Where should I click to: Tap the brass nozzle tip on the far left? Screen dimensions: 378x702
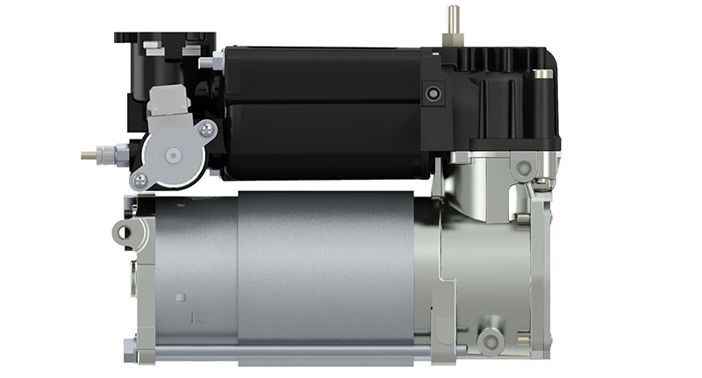point(87,154)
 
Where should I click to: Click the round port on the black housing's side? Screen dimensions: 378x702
point(430,93)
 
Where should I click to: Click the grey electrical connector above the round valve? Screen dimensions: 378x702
point(165,102)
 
